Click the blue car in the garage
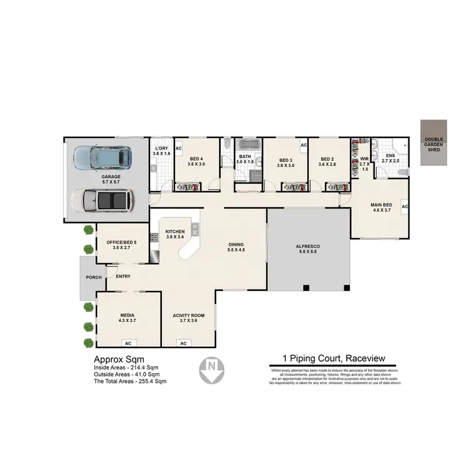(x=102, y=158)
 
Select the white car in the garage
(x=103, y=200)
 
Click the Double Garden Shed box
(x=433, y=143)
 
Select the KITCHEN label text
(x=175, y=233)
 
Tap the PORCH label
(x=93, y=278)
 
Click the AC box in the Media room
(x=128, y=343)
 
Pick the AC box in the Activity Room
(x=184, y=343)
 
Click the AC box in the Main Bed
(x=404, y=206)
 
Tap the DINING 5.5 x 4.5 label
(x=237, y=247)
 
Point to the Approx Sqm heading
(x=119, y=360)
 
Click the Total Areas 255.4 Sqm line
(x=130, y=381)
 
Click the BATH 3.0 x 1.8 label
(x=245, y=159)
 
